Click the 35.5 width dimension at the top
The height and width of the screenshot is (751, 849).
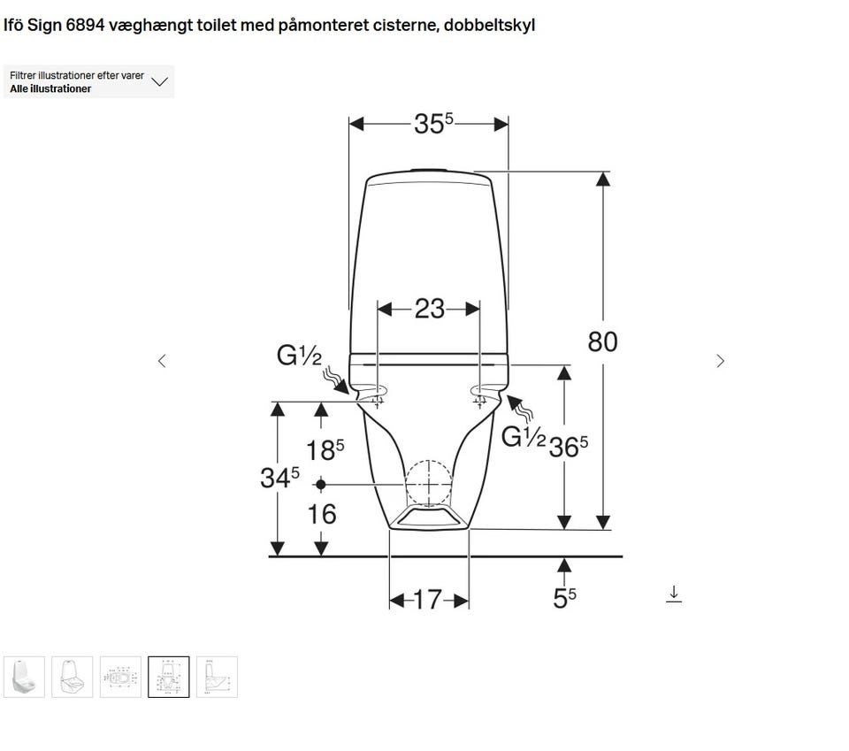433,124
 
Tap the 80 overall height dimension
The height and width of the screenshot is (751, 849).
602,341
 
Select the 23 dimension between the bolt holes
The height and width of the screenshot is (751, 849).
430,309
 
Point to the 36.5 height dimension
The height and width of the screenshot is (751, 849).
568,447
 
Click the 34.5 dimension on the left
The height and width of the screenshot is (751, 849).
279,477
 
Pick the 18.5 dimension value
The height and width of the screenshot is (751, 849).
325,450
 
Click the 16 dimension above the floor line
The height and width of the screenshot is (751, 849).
322,514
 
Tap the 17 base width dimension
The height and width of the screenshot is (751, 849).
428,600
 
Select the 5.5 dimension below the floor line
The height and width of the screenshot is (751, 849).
564,598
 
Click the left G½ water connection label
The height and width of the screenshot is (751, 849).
299,356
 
